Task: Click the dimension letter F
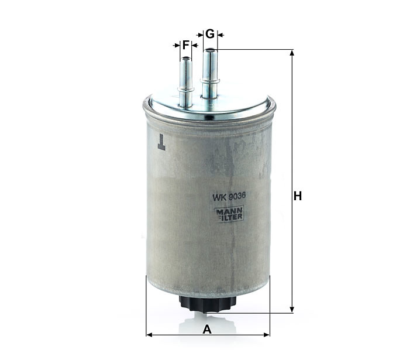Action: coord(186,45)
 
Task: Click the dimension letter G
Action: coord(210,34)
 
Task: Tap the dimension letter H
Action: coord(298,196)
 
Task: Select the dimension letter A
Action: coord(207,330)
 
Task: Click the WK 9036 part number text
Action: coord(229,197)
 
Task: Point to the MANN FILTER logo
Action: coord(230,214)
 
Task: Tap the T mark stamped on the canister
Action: coord(161,142)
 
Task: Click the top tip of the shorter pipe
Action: coord(186,57)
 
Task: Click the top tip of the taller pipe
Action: coord(210,49)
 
